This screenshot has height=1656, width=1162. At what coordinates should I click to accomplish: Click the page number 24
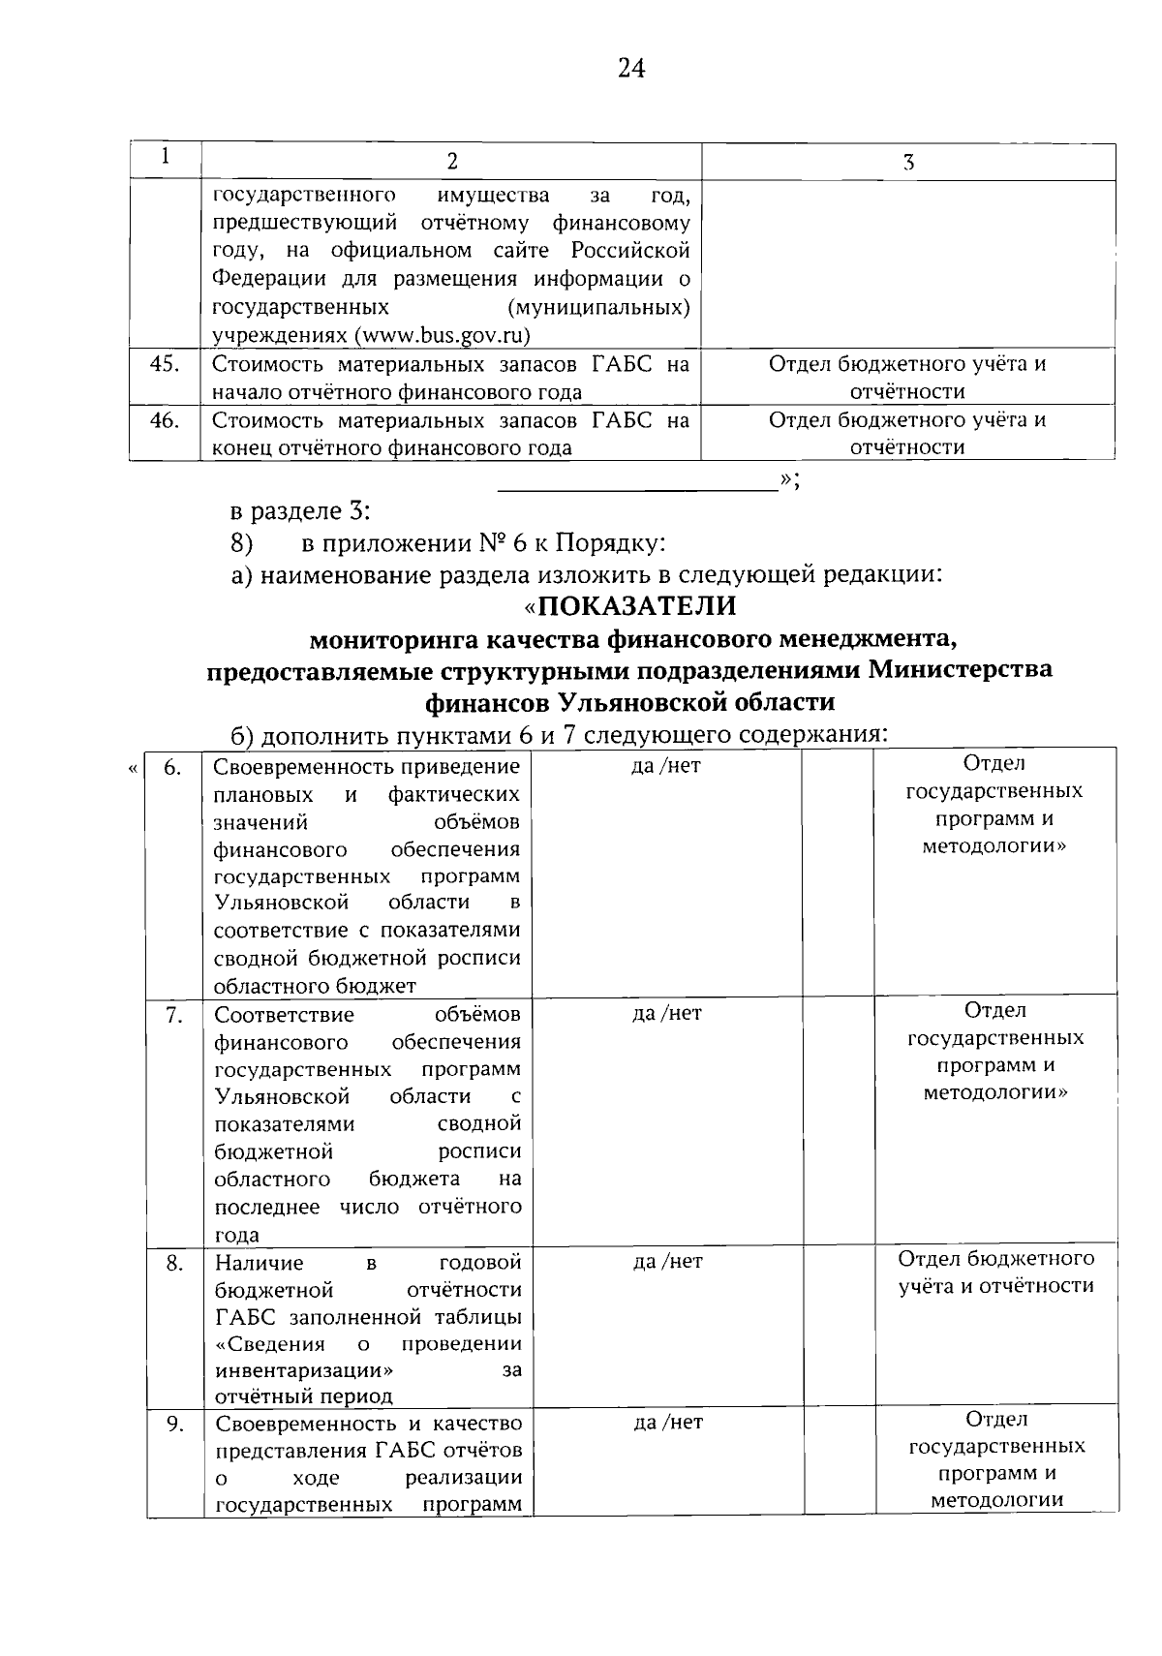(x=630, y=68)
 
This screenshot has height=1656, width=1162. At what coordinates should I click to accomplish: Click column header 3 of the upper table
(x=907, y=162)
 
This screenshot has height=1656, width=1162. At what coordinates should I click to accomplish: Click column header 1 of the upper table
(x=166, y=156)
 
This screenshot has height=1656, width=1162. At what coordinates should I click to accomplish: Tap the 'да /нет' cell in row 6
(x=665, y=766)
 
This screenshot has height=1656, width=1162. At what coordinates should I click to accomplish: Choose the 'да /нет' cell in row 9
(x=667, y=1423)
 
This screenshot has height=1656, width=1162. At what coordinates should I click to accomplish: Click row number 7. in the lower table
(x=173, y=1014)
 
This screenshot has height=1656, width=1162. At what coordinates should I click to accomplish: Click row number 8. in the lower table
(x=174, y=1263)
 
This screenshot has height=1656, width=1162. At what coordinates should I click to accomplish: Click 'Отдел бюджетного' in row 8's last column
(x=995, y=1258)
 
